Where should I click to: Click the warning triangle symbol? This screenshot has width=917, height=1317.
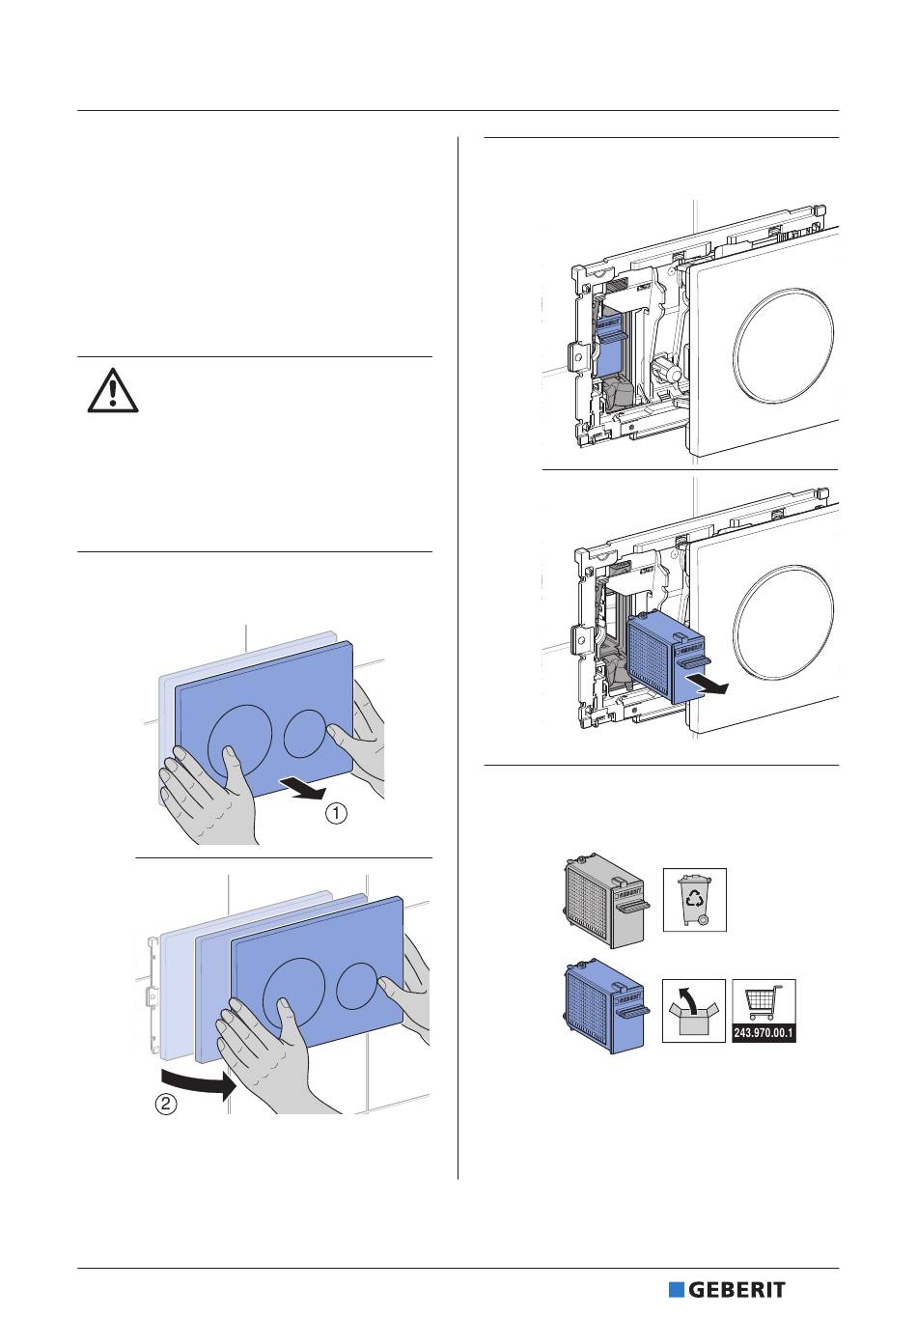[x=114, y=391]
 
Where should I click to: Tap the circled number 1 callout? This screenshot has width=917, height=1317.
[x=335, y=814]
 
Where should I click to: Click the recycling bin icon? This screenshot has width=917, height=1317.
[x=694, y=900]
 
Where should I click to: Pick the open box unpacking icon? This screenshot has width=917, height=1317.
[x=694, y=1011]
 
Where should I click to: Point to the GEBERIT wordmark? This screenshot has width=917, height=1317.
[x=737, y=1290]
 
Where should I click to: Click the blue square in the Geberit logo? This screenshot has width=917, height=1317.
[x=677, y=1290]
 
